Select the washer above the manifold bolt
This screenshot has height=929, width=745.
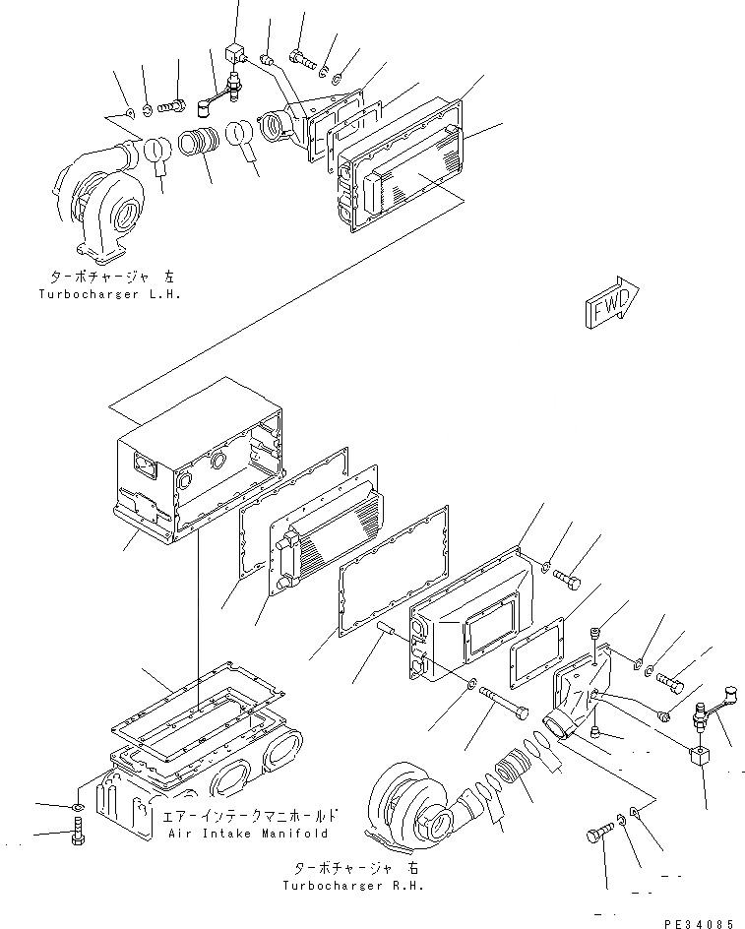pyautogui.click(x=80, y=808)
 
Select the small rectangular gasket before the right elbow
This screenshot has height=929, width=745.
pyautogui.click(x=535, y=658)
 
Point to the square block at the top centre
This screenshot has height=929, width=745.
pyautogui.click(x=235, y=52)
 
